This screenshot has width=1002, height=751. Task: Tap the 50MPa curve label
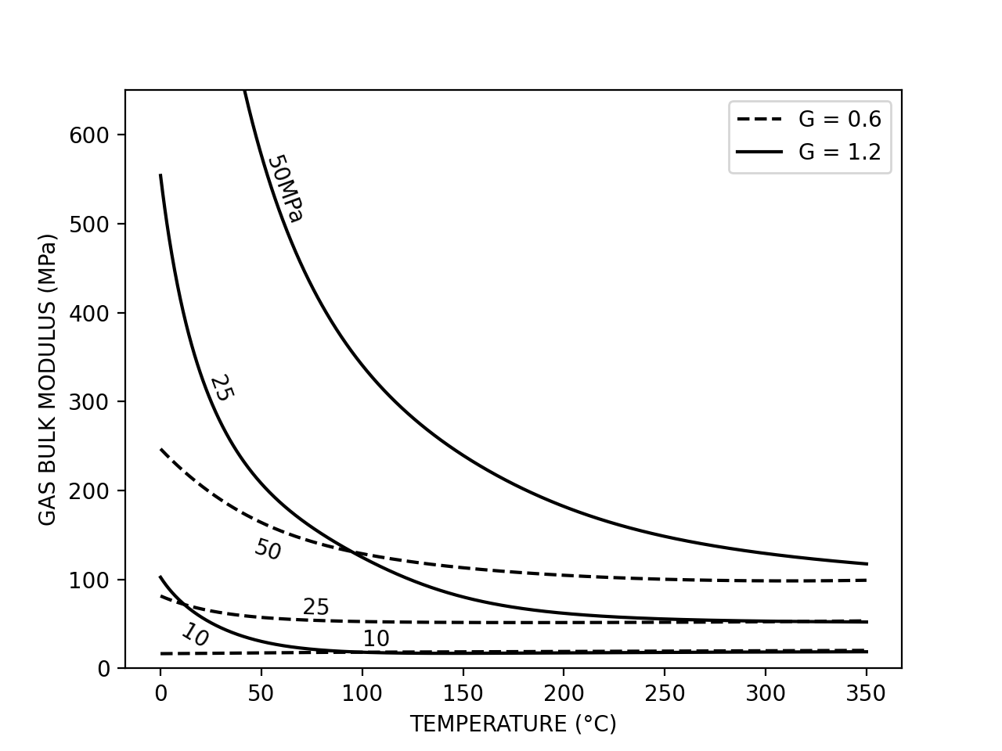point(285,189)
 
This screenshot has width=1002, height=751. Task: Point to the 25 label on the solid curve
point(222,388)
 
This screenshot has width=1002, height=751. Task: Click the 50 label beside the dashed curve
point(268,549)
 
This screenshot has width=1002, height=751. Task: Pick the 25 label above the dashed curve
point(315,607)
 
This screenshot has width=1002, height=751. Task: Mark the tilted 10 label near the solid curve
point(195,635)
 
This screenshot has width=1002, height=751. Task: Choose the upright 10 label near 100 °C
point(376,639)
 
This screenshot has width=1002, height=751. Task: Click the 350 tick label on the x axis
point(866,693)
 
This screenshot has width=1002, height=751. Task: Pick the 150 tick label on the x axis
point(463,693)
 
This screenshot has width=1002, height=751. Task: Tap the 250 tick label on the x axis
point(665,693)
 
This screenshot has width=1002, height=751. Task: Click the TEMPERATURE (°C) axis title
point(513,724)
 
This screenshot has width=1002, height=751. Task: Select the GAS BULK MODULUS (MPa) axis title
point(48,379)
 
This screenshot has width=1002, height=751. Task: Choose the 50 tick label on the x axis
point(261,693)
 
